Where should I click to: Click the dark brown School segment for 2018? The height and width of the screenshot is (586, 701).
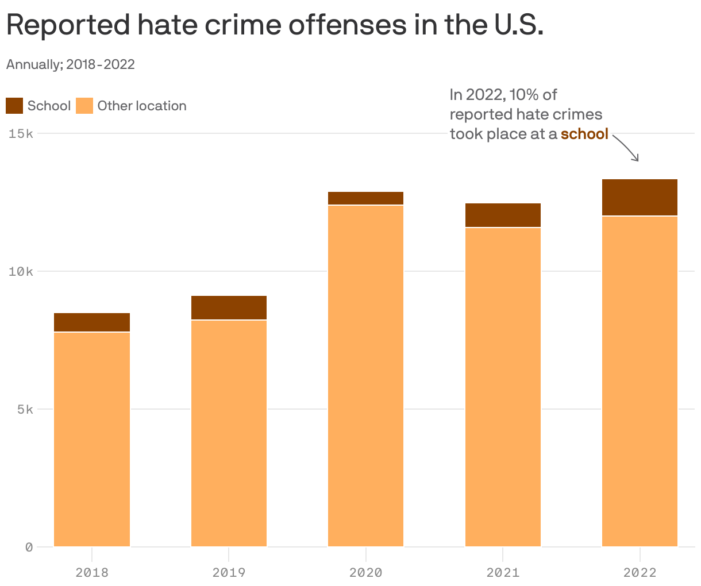tap(92, 322)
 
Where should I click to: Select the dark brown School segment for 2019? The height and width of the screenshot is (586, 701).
tap(229, 307)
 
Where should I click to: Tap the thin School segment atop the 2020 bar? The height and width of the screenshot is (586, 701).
tap(365, 198)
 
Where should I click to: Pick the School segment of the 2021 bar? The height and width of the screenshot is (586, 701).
tap(503, 215)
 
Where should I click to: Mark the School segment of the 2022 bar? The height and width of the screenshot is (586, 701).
tap(640, 197)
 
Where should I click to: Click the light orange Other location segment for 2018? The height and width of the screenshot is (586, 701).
tap(92, 439)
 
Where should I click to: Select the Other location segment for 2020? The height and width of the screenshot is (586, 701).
tap(365, 376)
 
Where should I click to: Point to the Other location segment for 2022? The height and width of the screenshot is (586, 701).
tap(640, 381)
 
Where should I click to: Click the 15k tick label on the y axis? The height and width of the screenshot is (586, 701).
tap(21, 134)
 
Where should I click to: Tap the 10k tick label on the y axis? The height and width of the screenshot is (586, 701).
tap(21, 272)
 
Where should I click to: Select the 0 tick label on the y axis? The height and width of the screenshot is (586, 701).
tap(29, 547)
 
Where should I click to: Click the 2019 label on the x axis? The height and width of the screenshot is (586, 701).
tap(229, 572)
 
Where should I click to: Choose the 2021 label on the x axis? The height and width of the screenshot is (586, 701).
tap(503, 572)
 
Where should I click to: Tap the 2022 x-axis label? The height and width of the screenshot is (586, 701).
tap(640, 572)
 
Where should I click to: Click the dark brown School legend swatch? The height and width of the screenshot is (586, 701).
tap(14, 106)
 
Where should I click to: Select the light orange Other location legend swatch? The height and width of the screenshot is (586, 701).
tap(84, 106)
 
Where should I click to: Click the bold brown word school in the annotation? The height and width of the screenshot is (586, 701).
tap(584, 134)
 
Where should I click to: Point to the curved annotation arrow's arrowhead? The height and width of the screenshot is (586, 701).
tap(637, 160)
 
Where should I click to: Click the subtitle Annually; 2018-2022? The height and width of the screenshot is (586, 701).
tap(70, 64)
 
